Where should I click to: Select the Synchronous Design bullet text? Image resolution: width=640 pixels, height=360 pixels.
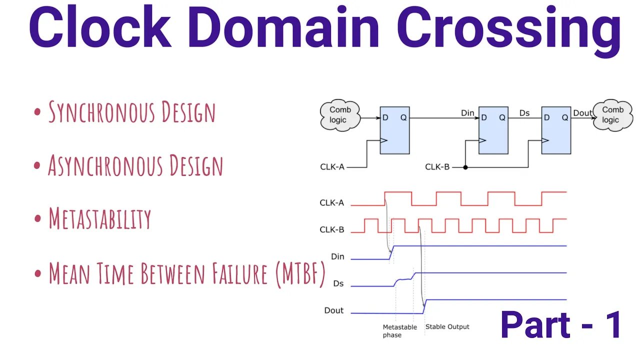point(131,112)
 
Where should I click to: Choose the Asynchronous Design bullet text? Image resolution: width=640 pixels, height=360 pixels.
point(135,165)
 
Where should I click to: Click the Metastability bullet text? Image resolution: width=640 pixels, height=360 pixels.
point(99,219)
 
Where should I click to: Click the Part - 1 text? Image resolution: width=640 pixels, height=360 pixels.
point(561,325)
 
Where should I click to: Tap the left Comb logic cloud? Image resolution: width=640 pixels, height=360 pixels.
point(340,115)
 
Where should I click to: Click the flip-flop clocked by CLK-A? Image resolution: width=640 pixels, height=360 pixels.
point(394,130)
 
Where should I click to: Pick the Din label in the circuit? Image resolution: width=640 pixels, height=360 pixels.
point(467,113)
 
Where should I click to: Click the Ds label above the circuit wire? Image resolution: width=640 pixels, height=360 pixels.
point(524,113)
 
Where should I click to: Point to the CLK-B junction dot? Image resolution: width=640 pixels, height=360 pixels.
point(465,167)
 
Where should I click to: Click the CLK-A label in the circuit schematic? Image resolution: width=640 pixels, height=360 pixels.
point(332,167)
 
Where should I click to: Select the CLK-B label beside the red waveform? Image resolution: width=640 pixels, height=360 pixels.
point(332,230)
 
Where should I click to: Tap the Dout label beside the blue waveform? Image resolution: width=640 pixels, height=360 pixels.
point(333,310)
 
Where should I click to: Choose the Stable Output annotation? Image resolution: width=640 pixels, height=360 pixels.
point(447,327)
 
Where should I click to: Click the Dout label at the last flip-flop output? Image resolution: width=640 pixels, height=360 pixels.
point(582,113)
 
